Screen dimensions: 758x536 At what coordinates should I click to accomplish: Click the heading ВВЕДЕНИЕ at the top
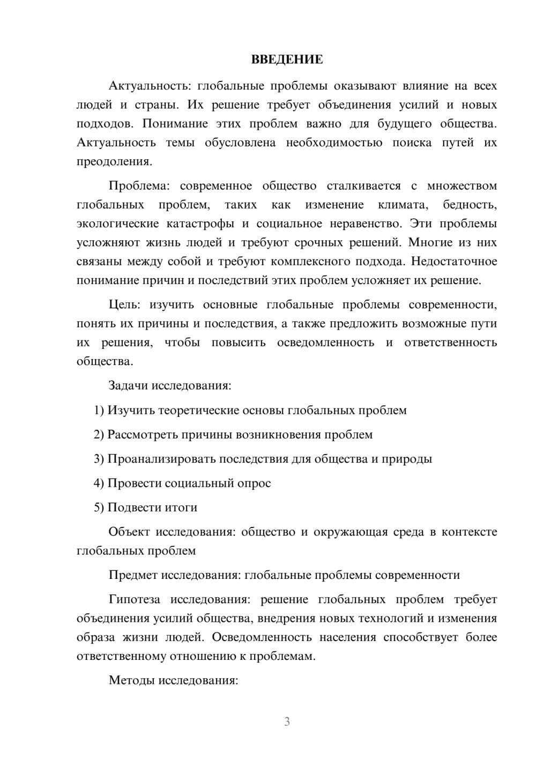point(287,60)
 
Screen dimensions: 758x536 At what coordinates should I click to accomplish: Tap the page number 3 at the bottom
point(287,722)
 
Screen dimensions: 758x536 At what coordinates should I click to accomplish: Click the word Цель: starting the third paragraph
point(124,305)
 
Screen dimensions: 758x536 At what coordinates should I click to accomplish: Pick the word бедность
point(470,205)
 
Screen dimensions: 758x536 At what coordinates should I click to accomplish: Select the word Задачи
point(128,385)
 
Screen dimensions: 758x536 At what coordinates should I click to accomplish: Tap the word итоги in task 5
point(182,508)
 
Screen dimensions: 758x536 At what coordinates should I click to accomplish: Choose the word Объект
point(129,532)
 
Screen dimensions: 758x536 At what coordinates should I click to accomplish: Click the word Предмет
point(132,575)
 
